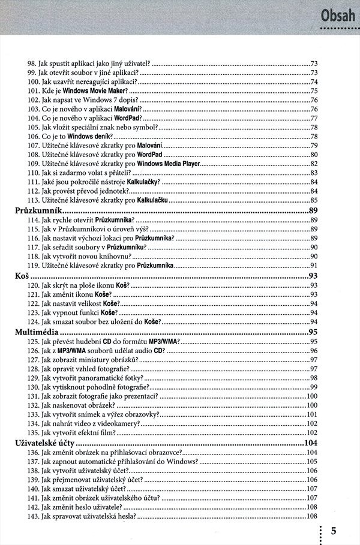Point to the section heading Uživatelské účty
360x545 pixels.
pyautogui.click(x=44, y=443)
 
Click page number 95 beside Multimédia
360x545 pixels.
pyautogui.click(x=313, y=332)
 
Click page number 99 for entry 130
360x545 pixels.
pyautogui.click(x=314, y=387)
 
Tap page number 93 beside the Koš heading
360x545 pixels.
pyautogui.click(x=313, y=276)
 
